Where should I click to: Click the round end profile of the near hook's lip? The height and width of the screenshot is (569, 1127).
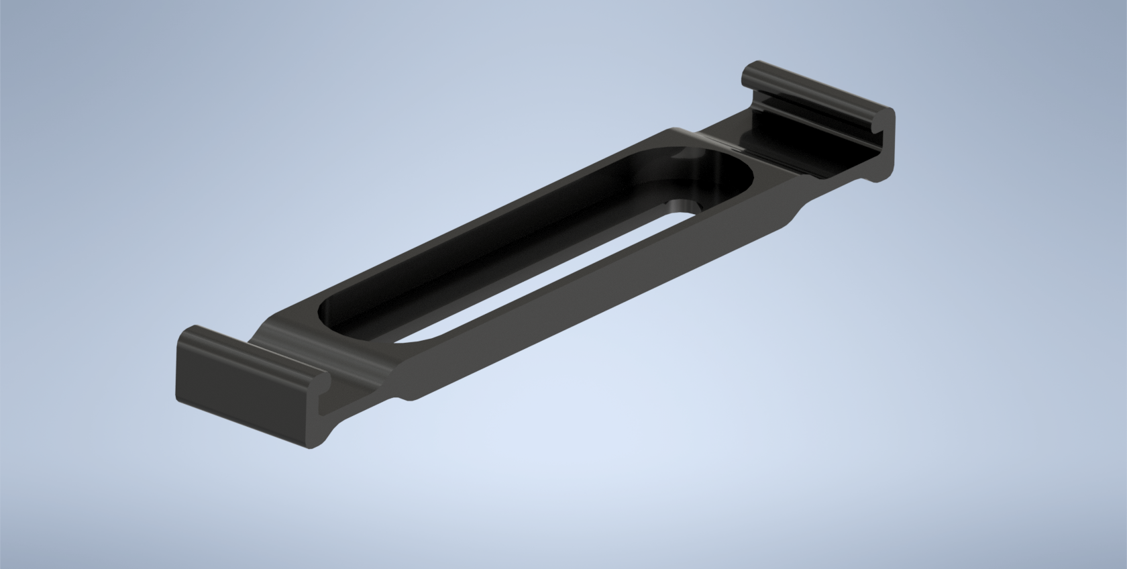[319, 389]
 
